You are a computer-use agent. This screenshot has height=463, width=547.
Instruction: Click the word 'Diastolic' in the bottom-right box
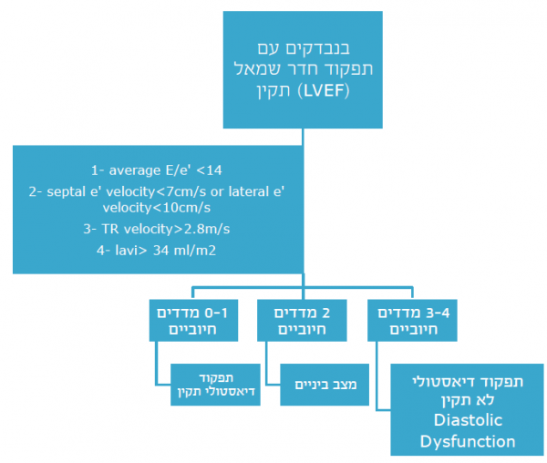[x=454, y=422]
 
